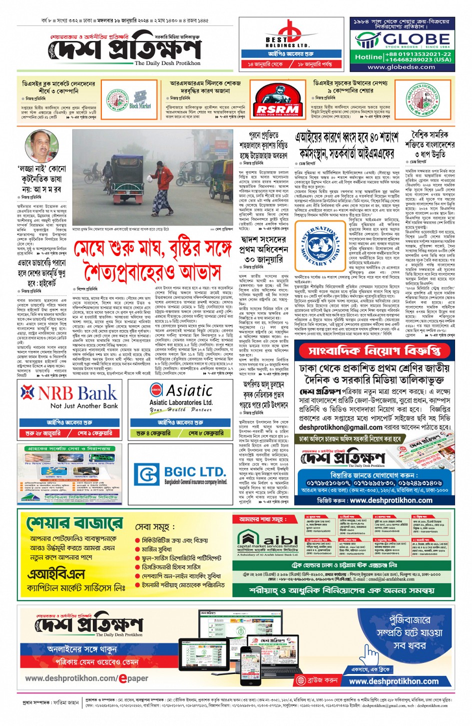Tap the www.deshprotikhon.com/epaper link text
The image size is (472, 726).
86,678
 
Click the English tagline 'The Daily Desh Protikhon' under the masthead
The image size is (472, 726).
167,63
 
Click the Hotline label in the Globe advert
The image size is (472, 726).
369,57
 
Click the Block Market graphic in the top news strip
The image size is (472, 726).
140,100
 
